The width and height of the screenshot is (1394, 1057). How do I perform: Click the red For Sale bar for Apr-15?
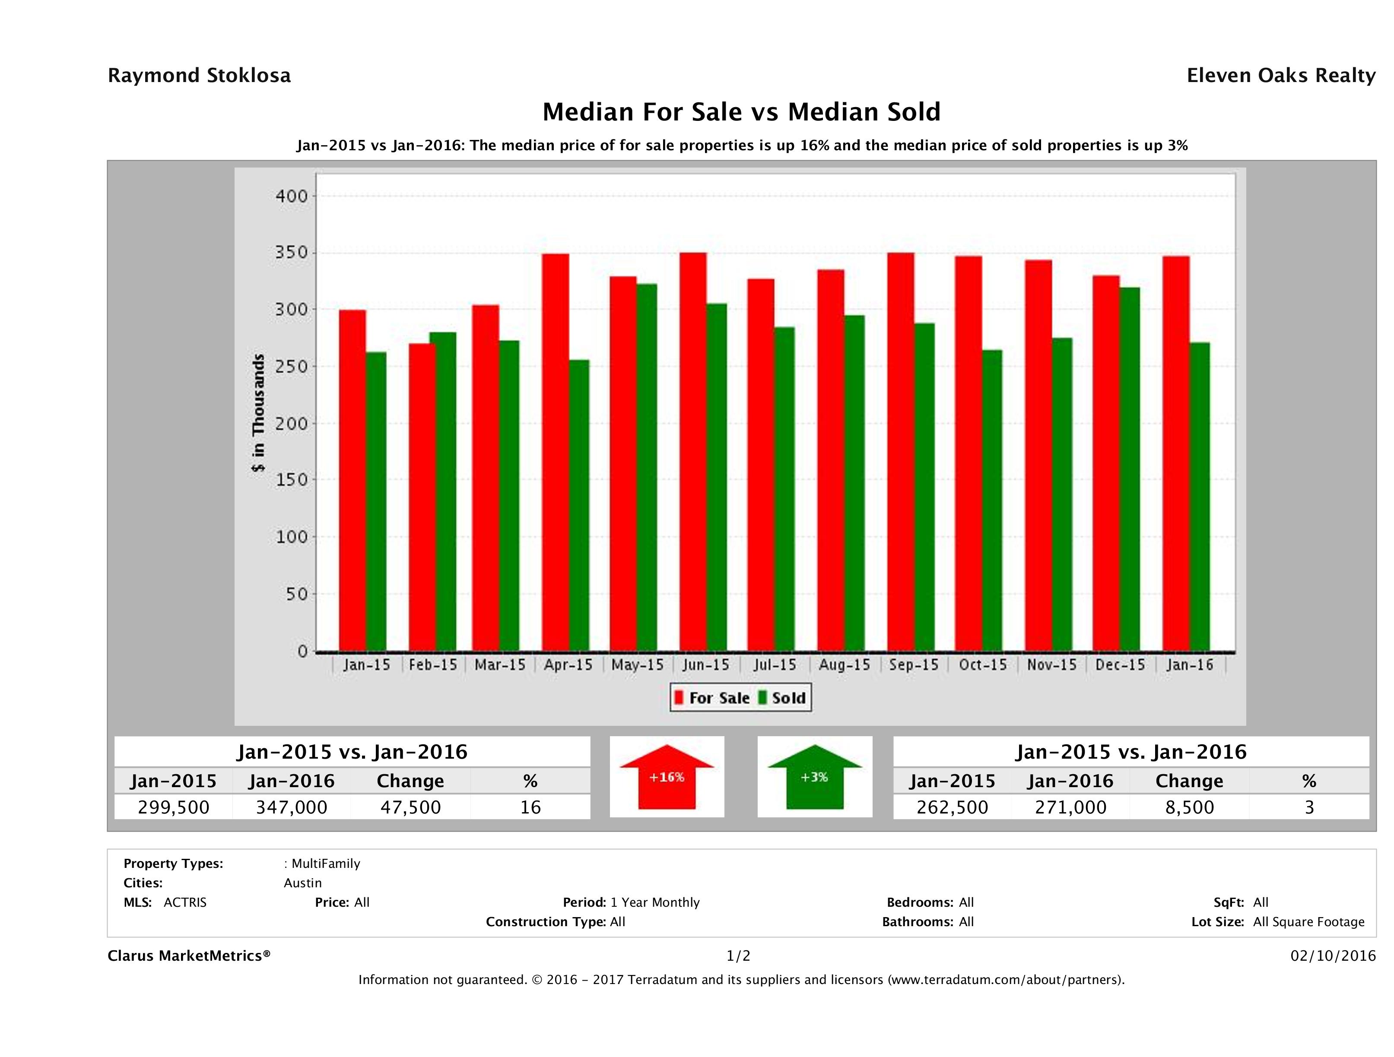pyautogui.click(x=555, y=452)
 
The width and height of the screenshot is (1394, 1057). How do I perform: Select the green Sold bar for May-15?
pyautogui.click(x=647, y=467)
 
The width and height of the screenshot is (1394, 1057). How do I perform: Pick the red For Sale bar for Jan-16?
pyautogui.click(x=1176, y=453)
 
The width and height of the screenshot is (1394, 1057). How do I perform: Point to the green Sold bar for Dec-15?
pyautogui.click(x=1129, y=469)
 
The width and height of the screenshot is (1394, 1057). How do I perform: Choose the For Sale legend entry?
pyautogui.click(x=712, y=698)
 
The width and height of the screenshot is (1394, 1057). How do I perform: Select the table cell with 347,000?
pyautogui.click(x=291, y=807)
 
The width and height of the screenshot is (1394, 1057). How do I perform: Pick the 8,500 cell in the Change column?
pyautogui.click(x=1189, y=807)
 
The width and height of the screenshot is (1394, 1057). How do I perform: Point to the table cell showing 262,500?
pyautogui.click(x=952, y=807)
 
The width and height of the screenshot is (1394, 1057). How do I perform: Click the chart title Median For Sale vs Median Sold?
pyautogui.click(x=741, y=112)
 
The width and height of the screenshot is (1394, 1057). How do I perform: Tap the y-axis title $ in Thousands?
pyautogui.click(x=258, y=413)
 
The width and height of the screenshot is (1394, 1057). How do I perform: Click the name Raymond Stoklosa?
pyautogui.click(x=199, y=76)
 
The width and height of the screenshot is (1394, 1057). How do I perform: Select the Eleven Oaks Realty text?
pyautogui.click(x=1280, y=76)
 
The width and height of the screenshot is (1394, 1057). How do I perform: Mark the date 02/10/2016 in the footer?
pyautogui.click(x=1333, y=956)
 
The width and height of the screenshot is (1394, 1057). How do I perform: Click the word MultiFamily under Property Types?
pyautogui.click(x=325, y=864)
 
